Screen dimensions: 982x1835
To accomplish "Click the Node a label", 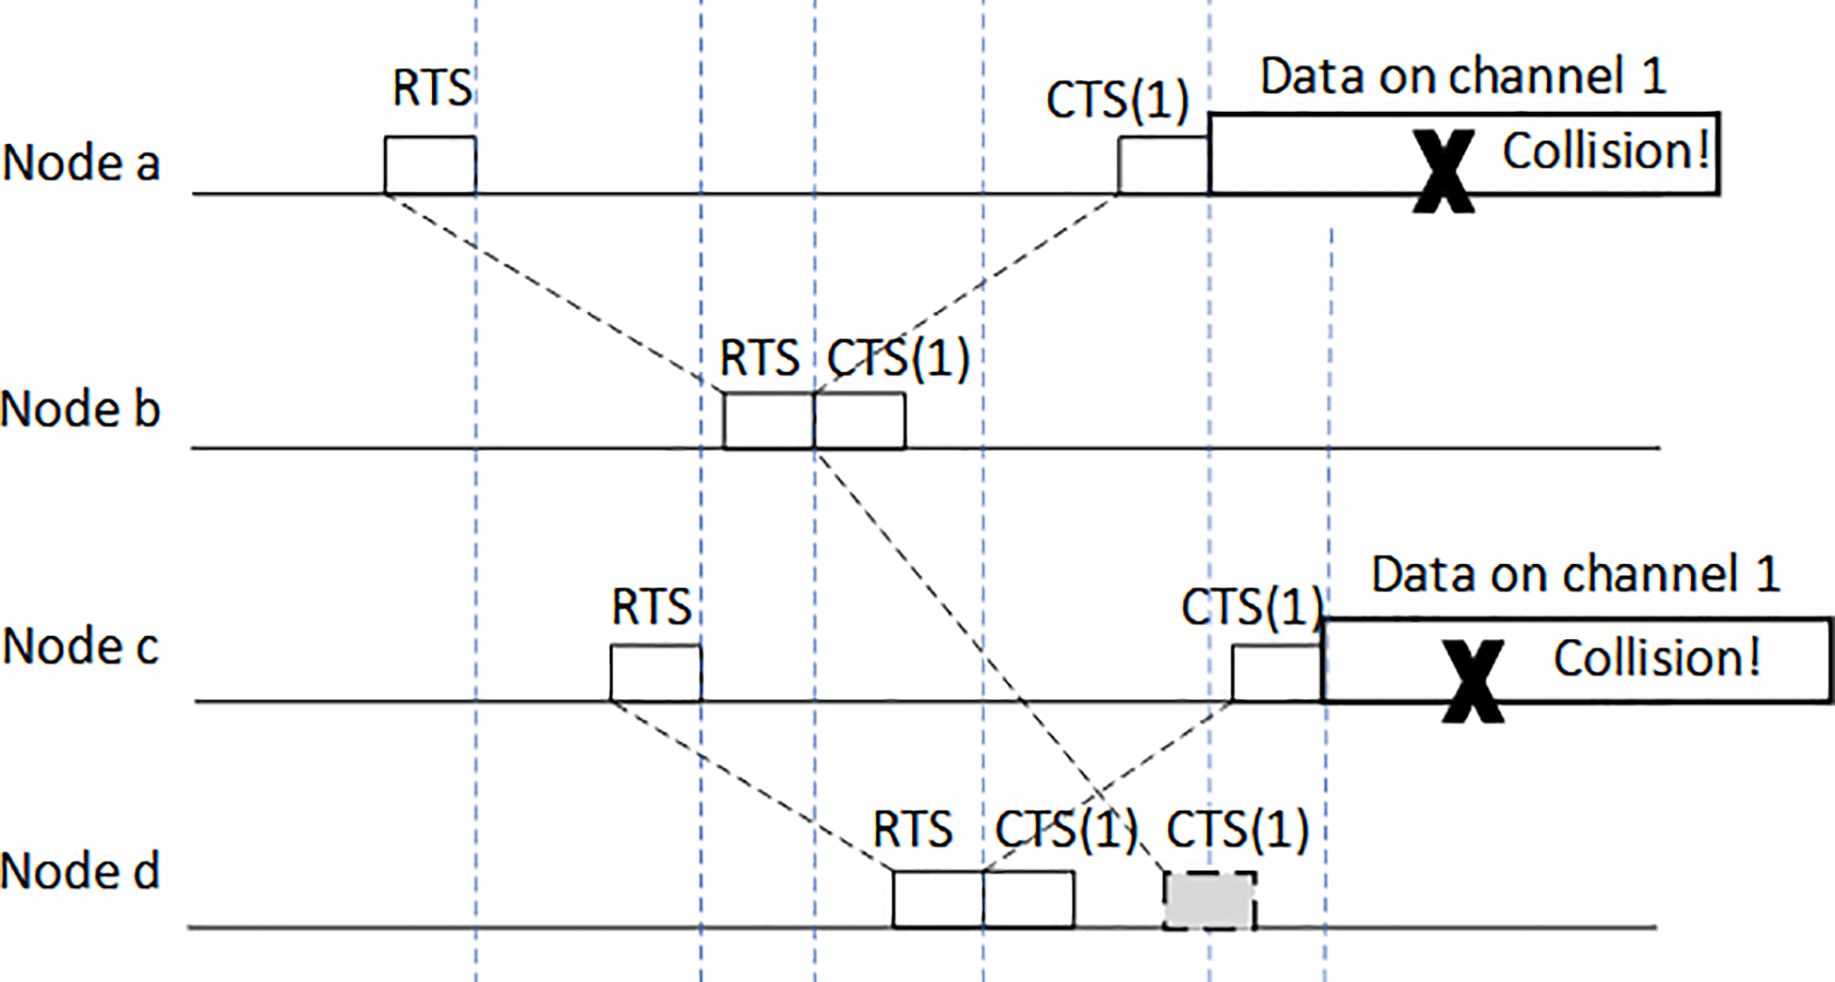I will tap(82, 163).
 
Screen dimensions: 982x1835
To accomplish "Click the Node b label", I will tap(80, 410).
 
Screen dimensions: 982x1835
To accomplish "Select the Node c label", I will tap(81, 647).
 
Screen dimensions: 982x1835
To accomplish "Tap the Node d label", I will tap(80, 871).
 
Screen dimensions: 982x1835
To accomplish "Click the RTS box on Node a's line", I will tap(429, 165).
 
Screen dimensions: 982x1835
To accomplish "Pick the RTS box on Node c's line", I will tap(655, 673).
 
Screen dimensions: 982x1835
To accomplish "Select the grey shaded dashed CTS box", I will tap(1209, 901).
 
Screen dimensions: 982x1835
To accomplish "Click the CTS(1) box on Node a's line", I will tap(1163, 165).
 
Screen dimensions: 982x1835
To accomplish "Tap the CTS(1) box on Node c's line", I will tap(1277, 673).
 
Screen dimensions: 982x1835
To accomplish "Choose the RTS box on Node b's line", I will tap(768, 421).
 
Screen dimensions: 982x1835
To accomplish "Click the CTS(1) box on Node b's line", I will tap(860, 421).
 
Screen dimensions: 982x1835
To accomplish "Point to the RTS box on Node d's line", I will tap(938, 899).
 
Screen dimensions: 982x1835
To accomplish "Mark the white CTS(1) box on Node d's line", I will tap(1028, 899).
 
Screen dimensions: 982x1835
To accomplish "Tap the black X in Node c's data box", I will tap(1473, 681).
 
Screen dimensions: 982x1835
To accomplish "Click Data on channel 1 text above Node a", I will tap(1463, 76).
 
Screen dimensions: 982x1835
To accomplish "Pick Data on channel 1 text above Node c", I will tap(1575, 574).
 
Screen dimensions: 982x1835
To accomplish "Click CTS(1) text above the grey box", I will tap(1237, 829).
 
